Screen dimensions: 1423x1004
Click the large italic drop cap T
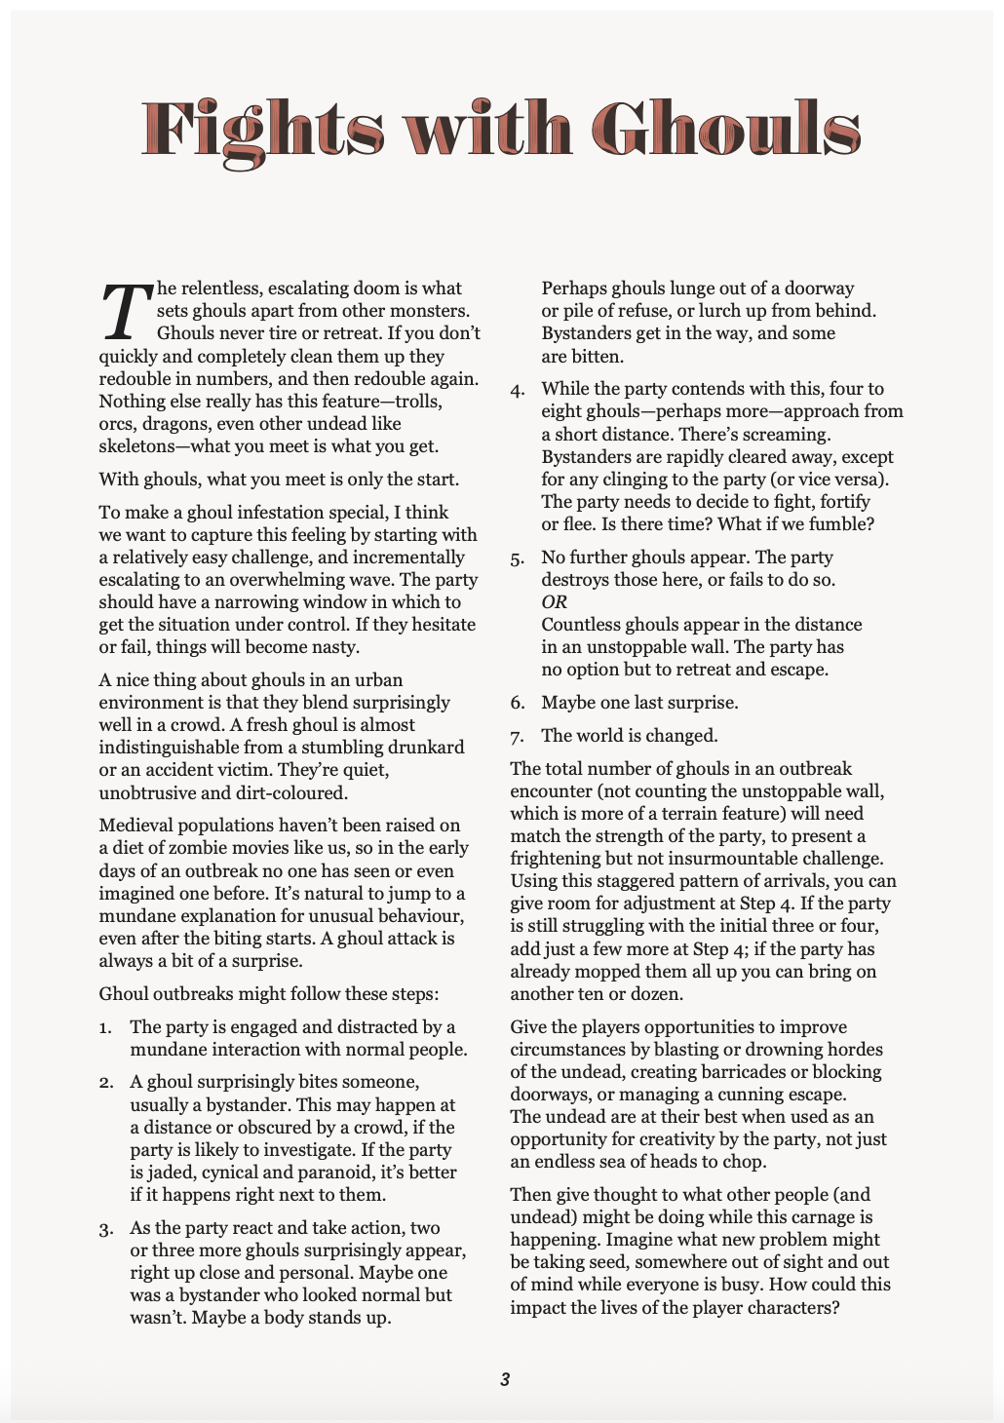125,311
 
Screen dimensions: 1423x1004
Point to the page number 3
504,1379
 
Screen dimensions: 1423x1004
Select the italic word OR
554,602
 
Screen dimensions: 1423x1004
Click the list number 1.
104,1027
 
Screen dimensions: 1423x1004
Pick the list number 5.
517,558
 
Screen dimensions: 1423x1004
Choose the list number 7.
517,736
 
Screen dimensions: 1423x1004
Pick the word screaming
790,435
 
